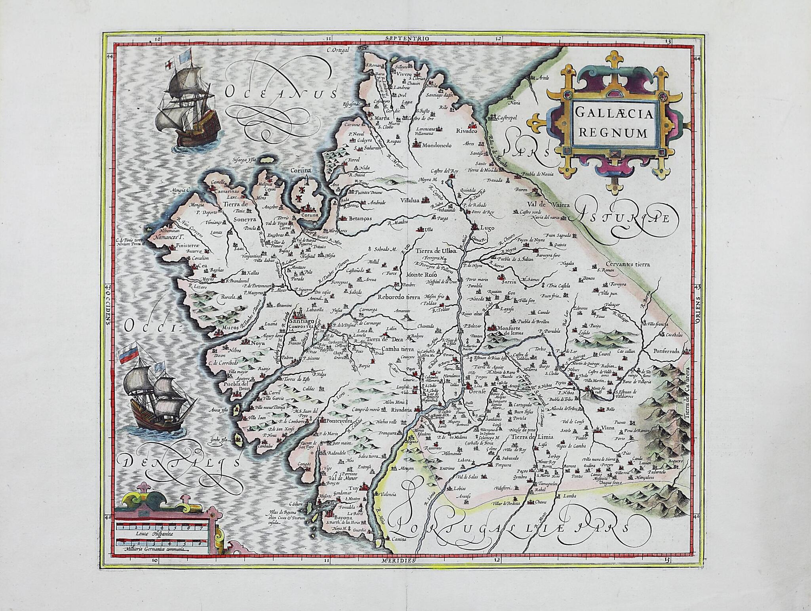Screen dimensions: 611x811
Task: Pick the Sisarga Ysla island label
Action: (x=245, y=160)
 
